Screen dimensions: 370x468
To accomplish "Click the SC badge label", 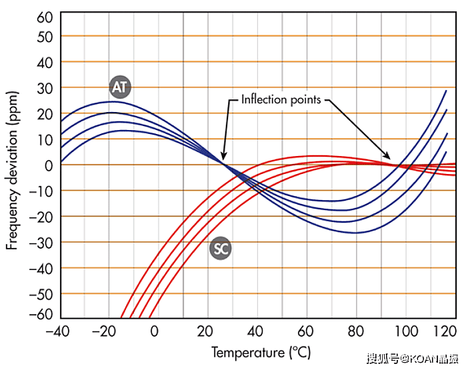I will [220, 249].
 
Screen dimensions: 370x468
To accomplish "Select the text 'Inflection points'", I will [281, 100].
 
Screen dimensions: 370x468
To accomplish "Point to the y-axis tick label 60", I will [45, 17].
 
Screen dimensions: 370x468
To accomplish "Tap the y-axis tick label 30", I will [45, 87].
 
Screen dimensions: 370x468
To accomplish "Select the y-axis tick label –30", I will [42, 242].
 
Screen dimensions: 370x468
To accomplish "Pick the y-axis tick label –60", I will [42, 314].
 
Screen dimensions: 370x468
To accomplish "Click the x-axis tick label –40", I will [57, 331].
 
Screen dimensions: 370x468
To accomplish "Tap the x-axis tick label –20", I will [107, 331].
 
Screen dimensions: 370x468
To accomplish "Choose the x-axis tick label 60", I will [306, 331].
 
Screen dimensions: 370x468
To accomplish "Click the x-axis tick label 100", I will [405, 331].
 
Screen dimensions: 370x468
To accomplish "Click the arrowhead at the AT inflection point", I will [224, 158].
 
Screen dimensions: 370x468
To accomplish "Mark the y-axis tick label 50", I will [45, 37].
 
